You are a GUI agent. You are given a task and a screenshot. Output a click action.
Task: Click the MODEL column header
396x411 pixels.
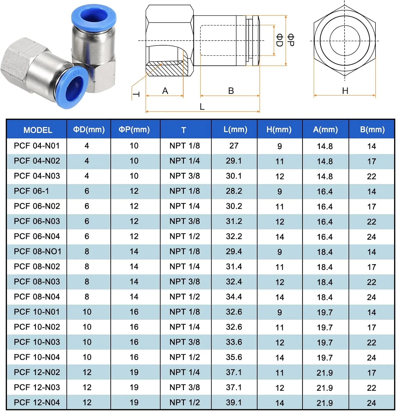tap(38, 130)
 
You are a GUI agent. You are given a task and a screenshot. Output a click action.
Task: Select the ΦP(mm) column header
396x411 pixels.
tap(134, 130)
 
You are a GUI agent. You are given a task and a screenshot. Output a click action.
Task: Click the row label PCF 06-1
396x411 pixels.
tap(31, 191)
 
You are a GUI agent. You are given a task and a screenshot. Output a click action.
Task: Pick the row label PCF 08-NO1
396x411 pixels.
tap(38, 251)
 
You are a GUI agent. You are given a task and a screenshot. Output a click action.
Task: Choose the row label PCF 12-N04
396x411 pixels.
tap(37, 402)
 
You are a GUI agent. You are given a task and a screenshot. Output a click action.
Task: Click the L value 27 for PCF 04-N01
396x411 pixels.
tap(234, 146)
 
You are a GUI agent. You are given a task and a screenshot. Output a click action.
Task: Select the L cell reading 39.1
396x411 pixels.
tap(234, 402)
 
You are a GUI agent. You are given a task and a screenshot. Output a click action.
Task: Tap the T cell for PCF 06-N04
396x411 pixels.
tap(185, 236)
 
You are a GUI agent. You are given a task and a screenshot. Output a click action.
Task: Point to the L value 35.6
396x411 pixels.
tap(234, 357)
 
